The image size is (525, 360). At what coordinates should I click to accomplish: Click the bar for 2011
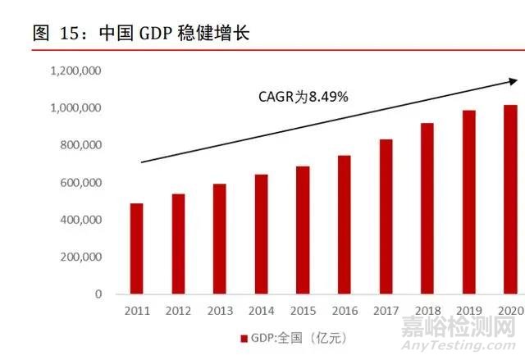coord(136,248)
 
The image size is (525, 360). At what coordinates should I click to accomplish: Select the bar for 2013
coord(219,239)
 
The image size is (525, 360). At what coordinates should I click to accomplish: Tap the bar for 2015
coord(303,230)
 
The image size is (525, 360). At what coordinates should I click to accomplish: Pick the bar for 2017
coord(386,216)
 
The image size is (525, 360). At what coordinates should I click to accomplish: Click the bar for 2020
coord(510,199)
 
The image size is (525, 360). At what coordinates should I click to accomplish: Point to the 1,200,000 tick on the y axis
coord(75,71)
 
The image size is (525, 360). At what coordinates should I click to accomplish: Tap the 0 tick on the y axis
coord(98,294)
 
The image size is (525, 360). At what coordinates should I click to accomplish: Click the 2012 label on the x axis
coord(178,311)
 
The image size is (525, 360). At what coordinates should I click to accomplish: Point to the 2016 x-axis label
coord(345,311)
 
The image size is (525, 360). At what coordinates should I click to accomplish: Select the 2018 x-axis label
coord(427,311)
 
